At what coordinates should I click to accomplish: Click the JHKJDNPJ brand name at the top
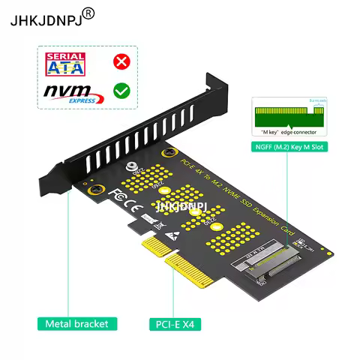pyautogui.click(x=43, y=19)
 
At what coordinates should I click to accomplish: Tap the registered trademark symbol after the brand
pyautogui.click(x=88, y=13)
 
